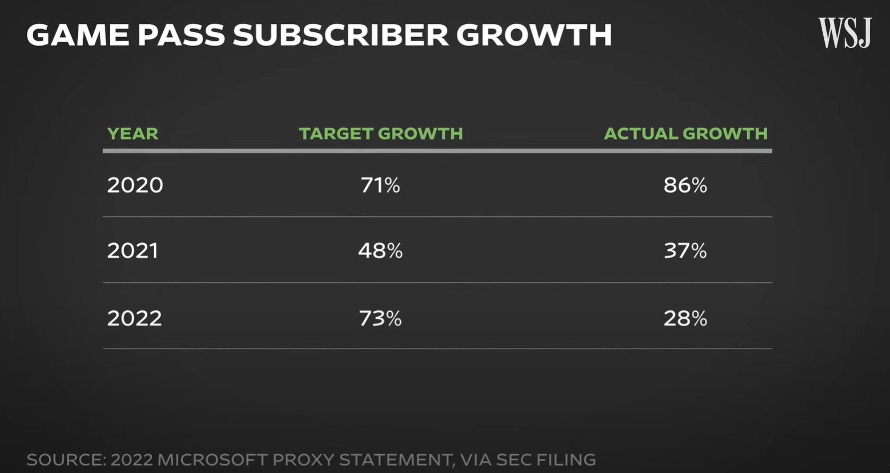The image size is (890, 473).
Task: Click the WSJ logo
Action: pos(844,33)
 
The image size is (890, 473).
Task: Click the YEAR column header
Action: pos(133,134)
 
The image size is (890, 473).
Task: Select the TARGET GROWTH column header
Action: pos(381,134)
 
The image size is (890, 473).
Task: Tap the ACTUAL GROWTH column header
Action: pos(685,134)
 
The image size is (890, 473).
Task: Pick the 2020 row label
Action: pos(135,185)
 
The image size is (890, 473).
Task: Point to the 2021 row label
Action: pos(133,251)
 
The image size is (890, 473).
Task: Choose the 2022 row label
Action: pos(135,318)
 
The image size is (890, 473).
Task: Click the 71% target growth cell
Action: pos(380,185)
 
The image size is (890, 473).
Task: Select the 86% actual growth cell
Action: pos(685,185)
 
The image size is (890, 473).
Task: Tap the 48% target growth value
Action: pos(380,251)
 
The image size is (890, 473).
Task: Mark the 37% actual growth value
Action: pos(685,251)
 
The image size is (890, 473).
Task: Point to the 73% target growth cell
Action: pos(380,318)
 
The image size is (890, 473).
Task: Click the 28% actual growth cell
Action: pos(685,318)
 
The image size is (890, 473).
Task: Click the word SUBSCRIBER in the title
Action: pos(341,35)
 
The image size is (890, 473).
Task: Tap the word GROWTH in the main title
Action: pos(534,35)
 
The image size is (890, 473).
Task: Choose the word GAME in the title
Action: pos(77,35)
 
